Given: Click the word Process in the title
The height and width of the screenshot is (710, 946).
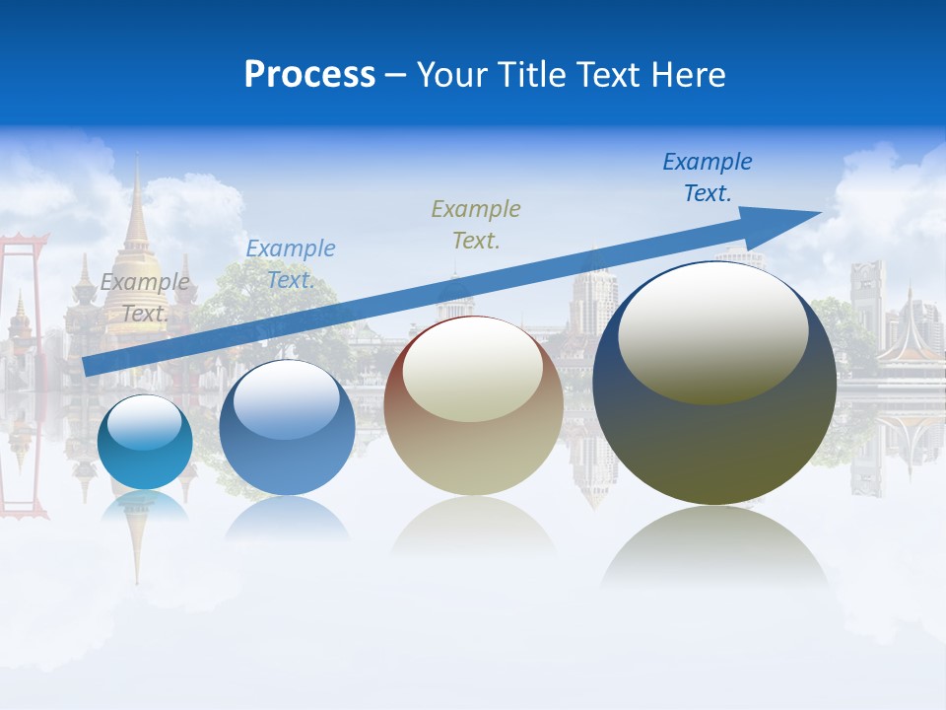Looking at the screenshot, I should (x=309, y=75).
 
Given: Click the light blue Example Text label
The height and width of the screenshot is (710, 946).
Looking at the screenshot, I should (x=290, y=264).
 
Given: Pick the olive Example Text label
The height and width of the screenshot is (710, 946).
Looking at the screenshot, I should (x=476, y=224).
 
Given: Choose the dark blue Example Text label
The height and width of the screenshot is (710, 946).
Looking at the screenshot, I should (x=707, y=177).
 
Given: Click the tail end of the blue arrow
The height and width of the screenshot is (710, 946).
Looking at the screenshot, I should (x=89, y=366).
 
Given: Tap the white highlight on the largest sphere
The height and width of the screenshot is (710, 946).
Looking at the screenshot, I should (x=712, y=332).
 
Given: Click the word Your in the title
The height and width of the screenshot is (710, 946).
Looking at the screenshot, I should (x=452, y=75).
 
